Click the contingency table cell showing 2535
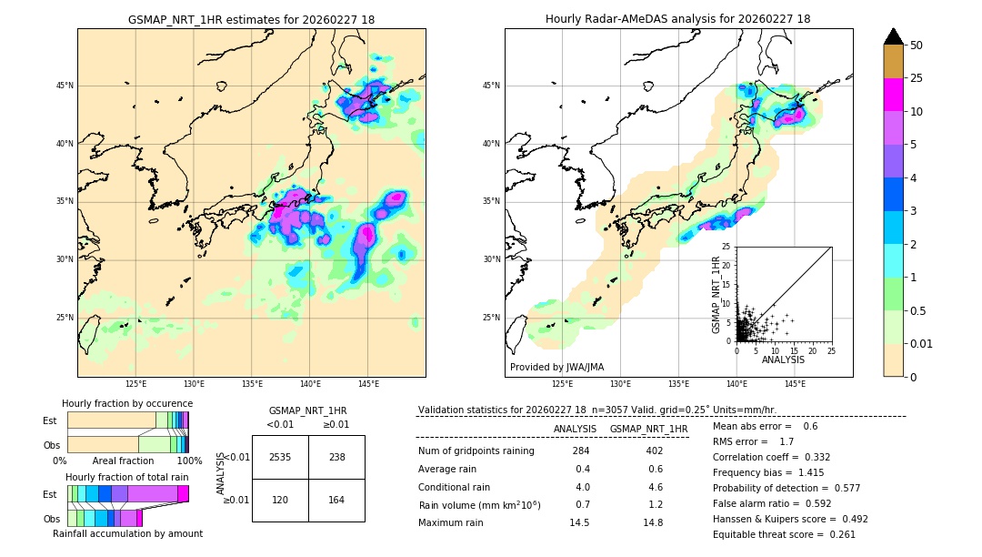280,457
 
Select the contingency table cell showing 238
336,457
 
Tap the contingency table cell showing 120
280,501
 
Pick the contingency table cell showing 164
336,501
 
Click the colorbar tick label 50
917,46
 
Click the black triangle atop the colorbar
894,36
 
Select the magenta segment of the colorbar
894,95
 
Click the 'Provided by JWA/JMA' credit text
556,367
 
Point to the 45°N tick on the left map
65,86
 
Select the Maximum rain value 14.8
652,522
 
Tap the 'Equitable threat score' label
768,534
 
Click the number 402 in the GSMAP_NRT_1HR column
654,451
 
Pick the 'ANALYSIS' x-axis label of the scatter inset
784,360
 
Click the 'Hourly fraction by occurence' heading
127,403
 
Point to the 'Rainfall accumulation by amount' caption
127,533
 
